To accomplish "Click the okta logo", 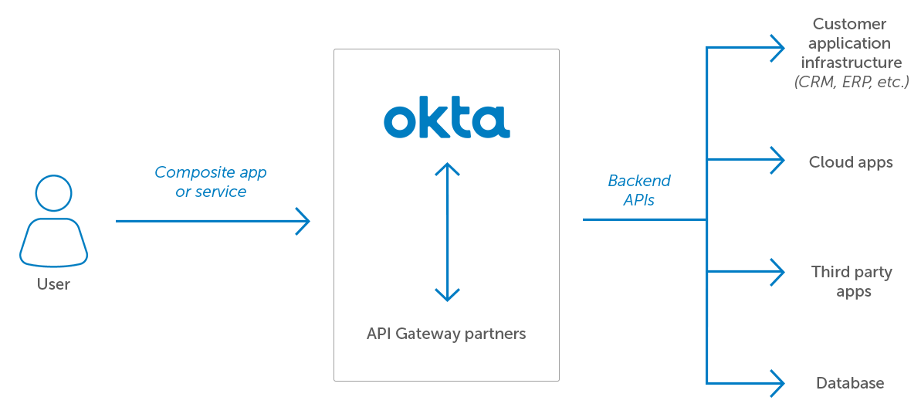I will point(446,120).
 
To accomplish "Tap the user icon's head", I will point(53,192).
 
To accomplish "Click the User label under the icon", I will point(53,284).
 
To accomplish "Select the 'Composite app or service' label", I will point(211,182).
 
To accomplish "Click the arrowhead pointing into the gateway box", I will point(304,221).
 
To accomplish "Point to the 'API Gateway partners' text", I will point(446,334).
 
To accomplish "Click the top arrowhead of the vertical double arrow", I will point(447,168).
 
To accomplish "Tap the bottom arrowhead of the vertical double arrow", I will point(447,295).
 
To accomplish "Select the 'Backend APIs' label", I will point(639,190).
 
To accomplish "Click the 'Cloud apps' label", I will point(851,162).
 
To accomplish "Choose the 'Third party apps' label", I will point(852,281).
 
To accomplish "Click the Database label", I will point(850,383).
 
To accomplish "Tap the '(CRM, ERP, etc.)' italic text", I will point(852,82).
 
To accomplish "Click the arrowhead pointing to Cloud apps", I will point(779,161).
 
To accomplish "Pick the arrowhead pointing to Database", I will point(779,382).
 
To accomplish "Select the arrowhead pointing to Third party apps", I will point(779,271).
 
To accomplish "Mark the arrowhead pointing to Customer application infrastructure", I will point(779,48).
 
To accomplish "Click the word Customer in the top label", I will point(850,24).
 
